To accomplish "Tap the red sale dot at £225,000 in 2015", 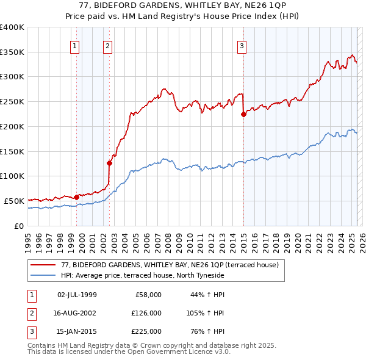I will coord(243,114).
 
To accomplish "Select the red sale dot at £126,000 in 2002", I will coord(110,163).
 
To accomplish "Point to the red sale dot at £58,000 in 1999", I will coord(77,197).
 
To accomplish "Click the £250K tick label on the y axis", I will coord(12,102).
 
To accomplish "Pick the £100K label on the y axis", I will coord(12,176).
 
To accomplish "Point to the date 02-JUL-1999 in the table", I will coord(77,295).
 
